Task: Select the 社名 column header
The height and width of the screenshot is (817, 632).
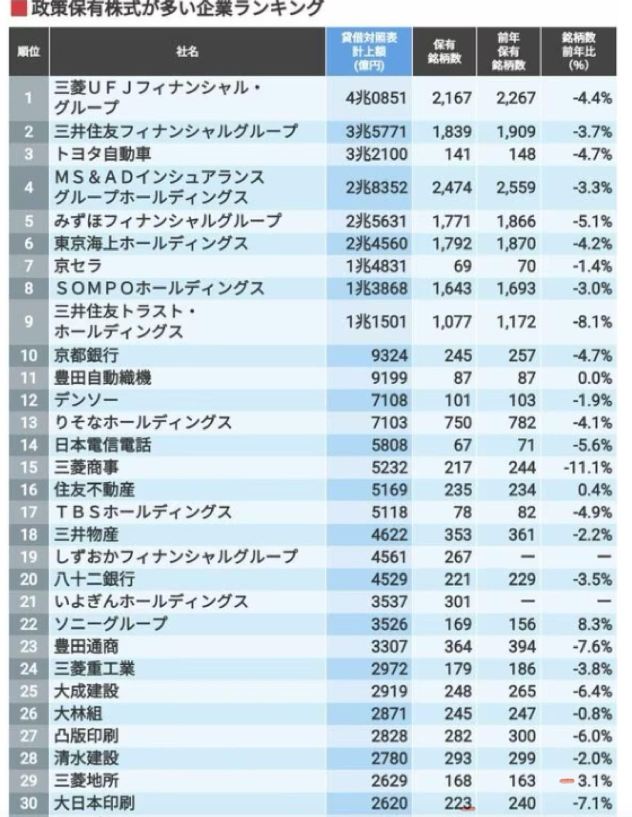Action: point(187,52)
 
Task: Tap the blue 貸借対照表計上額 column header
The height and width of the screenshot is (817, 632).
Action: point(369,52)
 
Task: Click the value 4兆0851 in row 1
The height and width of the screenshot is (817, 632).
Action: point(376,98)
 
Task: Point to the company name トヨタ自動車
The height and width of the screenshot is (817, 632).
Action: point(103,154)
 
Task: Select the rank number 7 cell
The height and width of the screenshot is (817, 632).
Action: point(29,266)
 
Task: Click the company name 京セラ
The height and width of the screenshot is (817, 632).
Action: point(78,266)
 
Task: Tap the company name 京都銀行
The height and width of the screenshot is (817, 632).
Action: point(86,355)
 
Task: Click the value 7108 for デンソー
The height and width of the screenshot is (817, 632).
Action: point(389,400)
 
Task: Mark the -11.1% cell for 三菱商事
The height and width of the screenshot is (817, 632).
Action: point(588,467)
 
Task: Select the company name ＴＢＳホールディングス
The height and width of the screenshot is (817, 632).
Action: point(143,512)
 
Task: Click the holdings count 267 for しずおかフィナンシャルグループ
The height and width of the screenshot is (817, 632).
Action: point(458,557)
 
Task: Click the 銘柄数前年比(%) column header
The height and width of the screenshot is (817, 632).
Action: point(579,52)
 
